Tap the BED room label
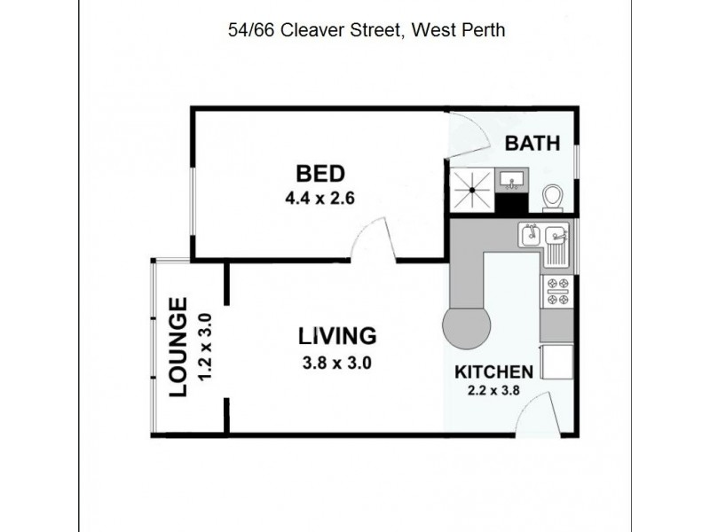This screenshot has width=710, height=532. (319, 173)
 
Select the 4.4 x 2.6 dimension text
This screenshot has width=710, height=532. (319, 199)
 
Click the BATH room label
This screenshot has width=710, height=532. (532, 143)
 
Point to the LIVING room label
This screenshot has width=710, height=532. (337, 336)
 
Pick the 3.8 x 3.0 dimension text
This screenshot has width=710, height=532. (337, 362)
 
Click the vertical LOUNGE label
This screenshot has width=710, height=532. (177, 347)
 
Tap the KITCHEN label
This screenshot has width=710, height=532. (493, 372)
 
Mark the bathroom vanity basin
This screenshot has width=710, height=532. (510, 182)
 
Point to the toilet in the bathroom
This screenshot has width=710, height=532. (553, 196)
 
